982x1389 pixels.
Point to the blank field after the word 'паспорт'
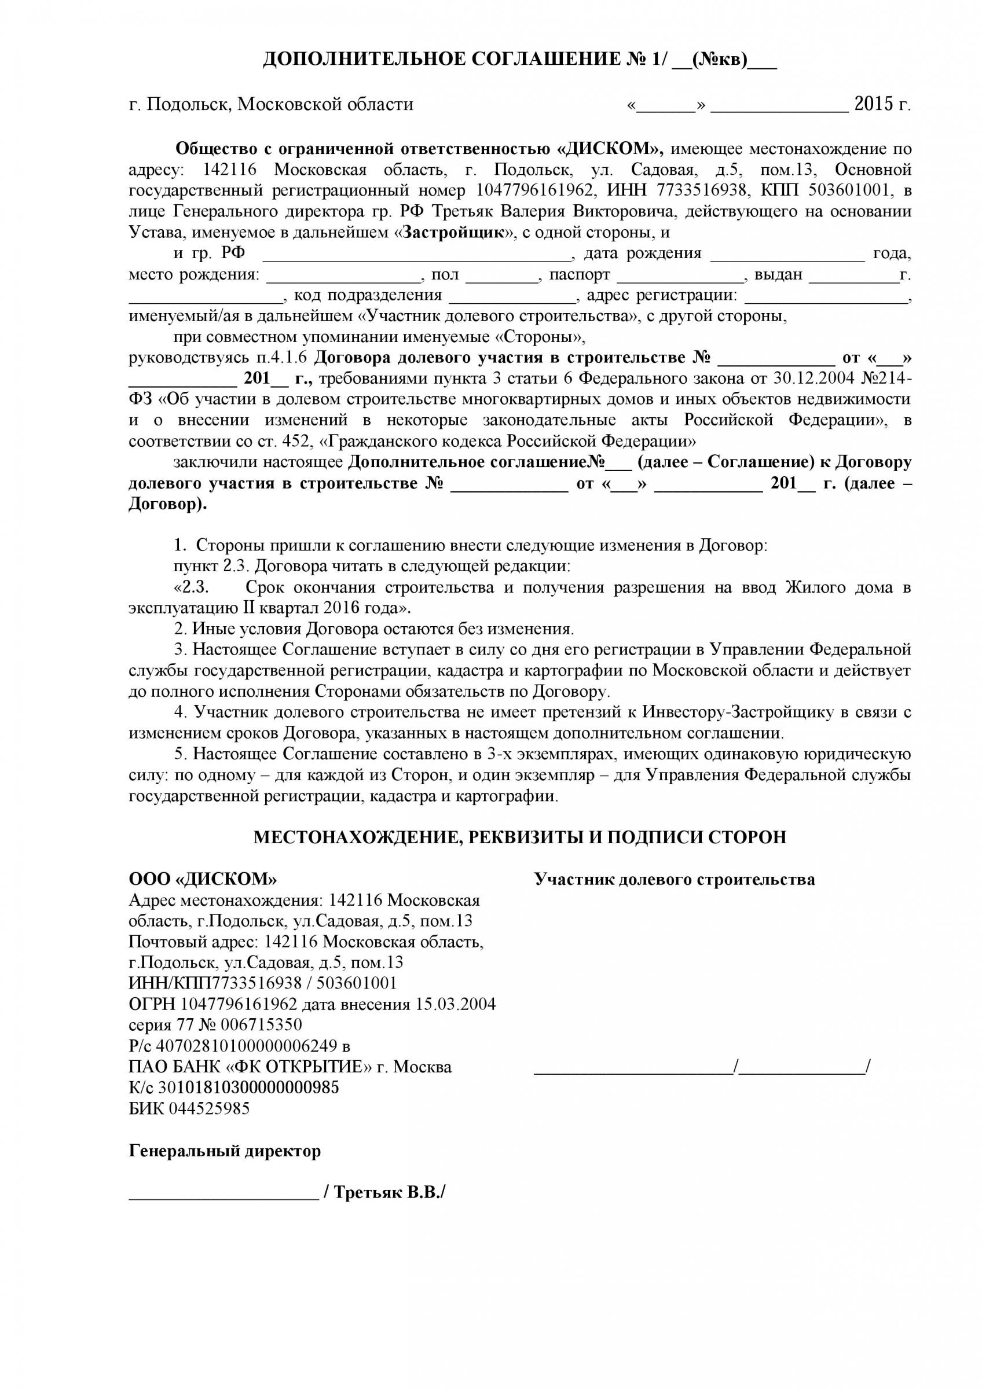point(680,275)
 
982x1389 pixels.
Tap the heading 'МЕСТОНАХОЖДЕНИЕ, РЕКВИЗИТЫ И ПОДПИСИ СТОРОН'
point(520,837)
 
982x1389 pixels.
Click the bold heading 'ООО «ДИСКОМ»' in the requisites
point(203,879)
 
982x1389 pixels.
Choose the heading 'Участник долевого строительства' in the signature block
point(674,880)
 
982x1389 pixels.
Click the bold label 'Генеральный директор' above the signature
point(225,1151)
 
